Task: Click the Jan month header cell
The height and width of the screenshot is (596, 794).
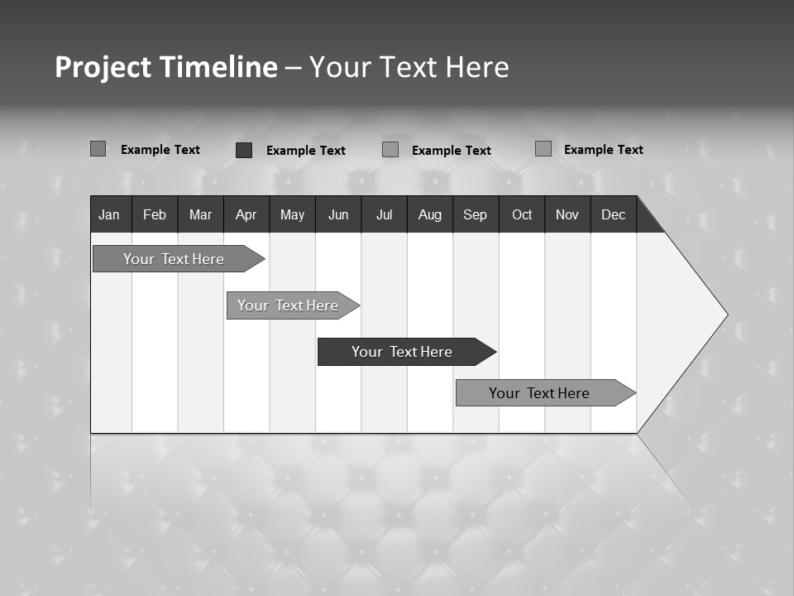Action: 109,214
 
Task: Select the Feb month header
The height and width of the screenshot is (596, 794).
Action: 155,214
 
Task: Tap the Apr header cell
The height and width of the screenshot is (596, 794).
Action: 246,214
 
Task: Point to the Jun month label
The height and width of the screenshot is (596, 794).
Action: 338,214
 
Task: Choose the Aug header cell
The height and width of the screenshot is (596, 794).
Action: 430,214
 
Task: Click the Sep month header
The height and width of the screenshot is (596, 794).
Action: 475,214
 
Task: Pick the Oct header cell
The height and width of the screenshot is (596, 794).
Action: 522,214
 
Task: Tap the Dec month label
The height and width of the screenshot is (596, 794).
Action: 613,214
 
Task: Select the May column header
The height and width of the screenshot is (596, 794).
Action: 292,214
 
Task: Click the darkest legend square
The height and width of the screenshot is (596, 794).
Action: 244,150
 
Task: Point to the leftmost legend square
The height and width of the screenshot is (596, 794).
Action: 98,149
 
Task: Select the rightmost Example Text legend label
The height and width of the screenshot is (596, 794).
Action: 603,150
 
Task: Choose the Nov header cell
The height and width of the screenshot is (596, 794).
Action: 567,214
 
